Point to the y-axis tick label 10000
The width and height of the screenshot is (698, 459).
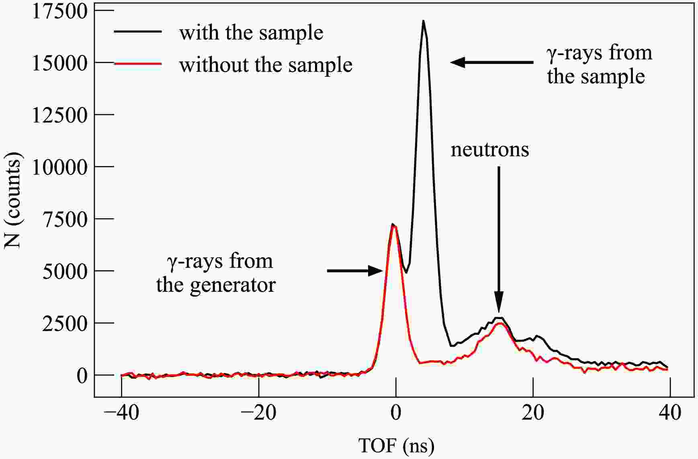coord(59,167)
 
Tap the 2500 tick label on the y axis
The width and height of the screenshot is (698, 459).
coord(64,324)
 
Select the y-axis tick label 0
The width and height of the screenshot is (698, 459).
coord(82,376)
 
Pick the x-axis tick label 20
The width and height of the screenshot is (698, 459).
coord(533,413)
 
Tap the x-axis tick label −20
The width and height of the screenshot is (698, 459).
coord(258,413)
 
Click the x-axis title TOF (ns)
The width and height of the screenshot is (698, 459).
coord(396,445)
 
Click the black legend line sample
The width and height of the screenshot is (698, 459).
coord(138,31)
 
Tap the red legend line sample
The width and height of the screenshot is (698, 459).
coord(138,64)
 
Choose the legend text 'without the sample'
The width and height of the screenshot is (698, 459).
coord(266,65)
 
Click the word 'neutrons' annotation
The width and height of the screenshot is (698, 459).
coord(489,150)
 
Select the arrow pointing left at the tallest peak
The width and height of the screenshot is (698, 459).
coord(492,62)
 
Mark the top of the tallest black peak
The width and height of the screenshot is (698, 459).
coord(423,21)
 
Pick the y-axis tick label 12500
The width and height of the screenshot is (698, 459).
coord(59,115)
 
